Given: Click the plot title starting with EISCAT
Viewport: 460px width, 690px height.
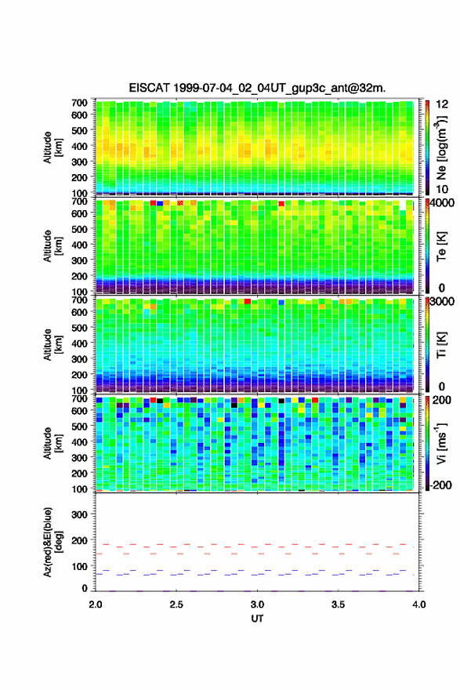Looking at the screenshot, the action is pyautogui.click(x=257, y=88).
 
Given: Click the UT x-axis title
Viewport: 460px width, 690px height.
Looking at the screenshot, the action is pyautogui.click(x=257, y=619).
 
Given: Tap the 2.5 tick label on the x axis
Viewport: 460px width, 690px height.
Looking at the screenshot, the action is pyautogui.click(x=176, y=605).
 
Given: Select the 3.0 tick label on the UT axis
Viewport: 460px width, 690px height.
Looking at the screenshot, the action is pyautogui.click(x=257, y=605).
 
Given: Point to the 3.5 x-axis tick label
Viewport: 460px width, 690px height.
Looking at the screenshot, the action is pyautogui.click(x=339, y=605).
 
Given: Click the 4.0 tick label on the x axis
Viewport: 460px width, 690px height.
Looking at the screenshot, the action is pyautogui.click(x=419, y=605).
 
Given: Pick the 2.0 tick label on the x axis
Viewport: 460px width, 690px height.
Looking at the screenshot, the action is pyautogui.click(x=96, y=605).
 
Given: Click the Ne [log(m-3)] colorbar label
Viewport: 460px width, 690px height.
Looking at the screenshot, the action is pyautogui.click(x=441, y=147).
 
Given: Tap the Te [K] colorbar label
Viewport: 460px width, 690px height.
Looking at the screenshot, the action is pyautogui.click(x=441, y=246).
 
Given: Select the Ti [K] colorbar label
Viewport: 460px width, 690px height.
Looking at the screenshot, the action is pyautogui.click(x=441, y=344).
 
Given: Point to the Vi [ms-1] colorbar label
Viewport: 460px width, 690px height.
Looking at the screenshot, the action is pyautogui.click(x=441, y=443).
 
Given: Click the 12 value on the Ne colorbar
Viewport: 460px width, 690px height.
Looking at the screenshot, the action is pyautogui.click(x=443, y=104).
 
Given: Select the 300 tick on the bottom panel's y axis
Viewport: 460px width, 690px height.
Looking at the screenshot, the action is pyautogui.click(x=79, y=514).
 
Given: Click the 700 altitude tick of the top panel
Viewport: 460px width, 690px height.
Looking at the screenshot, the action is pyautogui.click(x=79, y=103).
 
